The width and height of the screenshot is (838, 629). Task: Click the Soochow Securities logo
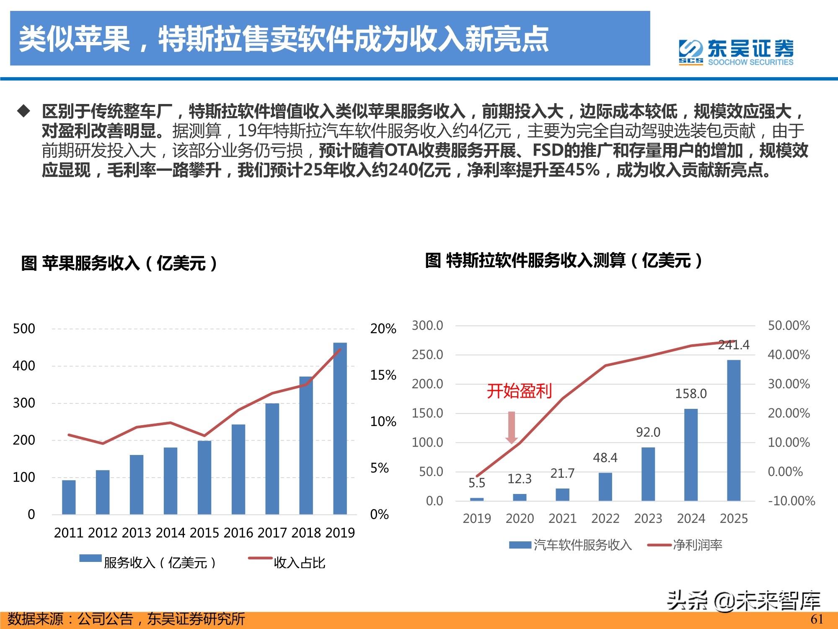(736, 52)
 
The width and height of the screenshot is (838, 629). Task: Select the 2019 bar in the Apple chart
(340, 428)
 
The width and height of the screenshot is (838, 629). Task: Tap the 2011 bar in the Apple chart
(69, 497)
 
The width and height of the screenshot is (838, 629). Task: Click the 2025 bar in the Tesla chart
(733, 430)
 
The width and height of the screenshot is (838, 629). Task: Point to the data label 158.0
(691, 394)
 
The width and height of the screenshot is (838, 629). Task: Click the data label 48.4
(605, 457)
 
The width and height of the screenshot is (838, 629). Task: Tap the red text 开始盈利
(519, 391)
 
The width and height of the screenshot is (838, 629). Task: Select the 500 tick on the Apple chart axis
(24, 329)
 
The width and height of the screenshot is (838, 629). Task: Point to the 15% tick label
(383, 375)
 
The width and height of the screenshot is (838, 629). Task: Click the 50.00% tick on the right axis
(789, 325)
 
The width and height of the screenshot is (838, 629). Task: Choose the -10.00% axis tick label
(791, 501)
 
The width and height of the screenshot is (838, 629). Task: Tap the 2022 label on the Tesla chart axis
(605, 519)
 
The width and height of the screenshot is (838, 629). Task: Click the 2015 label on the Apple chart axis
(204, 533)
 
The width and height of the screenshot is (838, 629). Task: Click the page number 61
(817, 619)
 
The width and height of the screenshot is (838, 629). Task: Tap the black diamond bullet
(24, 111)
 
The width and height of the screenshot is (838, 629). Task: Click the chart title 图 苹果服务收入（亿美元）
(119, 263)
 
